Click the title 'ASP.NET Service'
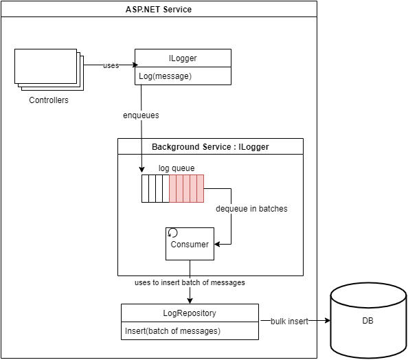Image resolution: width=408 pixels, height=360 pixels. [x=159, y=10]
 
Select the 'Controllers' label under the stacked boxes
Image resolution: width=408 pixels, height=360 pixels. [x=49, y=100]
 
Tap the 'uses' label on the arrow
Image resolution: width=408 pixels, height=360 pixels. [x=111, y=65]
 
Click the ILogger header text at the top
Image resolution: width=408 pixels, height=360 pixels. [x=183, y=58]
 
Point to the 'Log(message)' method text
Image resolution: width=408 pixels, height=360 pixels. [x=166, y=76]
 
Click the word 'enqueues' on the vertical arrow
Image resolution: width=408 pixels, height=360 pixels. [x=141, y=115]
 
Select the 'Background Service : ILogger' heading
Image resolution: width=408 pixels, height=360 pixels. [x=210, y=147]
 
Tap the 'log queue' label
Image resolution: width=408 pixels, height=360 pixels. [x=177, y=168]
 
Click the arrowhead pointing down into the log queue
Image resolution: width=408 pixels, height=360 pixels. [x=141, y=170]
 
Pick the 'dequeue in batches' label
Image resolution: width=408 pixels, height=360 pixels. [x=251, y=209]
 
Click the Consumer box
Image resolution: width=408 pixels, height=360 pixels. [x=190, y=244]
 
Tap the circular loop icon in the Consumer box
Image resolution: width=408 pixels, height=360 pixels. [x=172, y=232]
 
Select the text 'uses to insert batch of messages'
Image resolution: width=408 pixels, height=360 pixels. [x=190, y=282]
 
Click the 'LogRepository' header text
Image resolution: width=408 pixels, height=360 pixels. [x=190, y=313]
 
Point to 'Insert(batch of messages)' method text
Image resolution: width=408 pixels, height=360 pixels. [x=172, y=331]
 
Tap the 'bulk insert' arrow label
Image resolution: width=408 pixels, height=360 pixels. [x=289, y=322]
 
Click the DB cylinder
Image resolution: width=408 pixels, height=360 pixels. [x=368, y=321]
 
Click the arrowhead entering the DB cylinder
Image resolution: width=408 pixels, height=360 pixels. [x=328, y=321]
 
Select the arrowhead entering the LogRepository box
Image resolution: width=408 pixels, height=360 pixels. [x=190, y=301]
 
